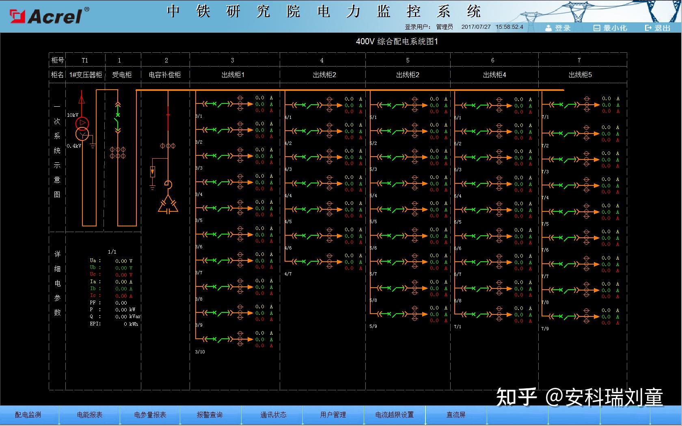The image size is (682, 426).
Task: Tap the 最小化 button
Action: coord(611,28)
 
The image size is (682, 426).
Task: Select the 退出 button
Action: coord(658,28)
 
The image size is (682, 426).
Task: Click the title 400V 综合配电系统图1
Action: coord(397,41)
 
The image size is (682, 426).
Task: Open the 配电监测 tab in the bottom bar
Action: coord(28,415)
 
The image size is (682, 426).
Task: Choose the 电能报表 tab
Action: coord(90,415)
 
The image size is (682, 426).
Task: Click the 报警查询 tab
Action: coord(209,415)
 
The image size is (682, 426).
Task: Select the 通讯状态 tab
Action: coord(273,415)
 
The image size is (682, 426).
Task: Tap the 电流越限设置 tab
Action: coord(394,415)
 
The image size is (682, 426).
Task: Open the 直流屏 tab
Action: coord(456,415)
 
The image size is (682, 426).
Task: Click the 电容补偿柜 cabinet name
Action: coord(165,75)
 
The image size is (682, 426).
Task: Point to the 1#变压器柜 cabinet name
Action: coord(86,75)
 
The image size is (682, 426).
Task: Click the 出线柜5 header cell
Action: coord(580,75)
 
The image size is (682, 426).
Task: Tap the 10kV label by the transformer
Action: coord(73,115)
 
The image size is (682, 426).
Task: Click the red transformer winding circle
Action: coord(82,123)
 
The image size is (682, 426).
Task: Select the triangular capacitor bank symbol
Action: coord(168,205)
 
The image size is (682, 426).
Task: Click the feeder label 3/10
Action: coord(200,352)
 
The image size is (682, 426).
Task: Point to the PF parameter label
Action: coord(93,303)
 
